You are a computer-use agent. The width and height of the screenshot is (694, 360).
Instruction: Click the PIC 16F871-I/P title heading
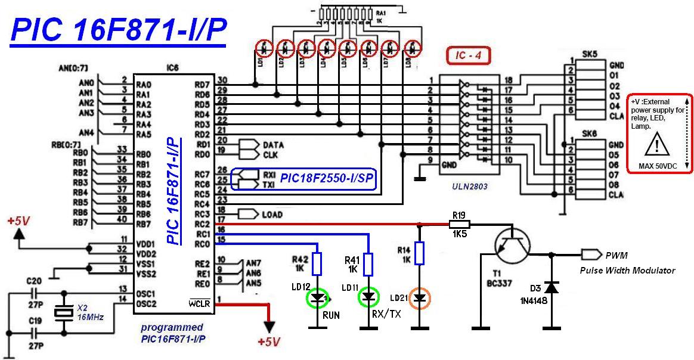(x=119, y=31)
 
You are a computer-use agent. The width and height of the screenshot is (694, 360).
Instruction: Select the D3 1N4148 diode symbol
(x=551, y=288)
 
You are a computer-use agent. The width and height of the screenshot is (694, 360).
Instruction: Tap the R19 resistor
(x=459, y=225)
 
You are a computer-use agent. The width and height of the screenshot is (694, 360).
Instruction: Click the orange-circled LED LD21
(x=420, y=297)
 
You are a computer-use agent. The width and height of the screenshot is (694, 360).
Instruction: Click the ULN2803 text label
(x=470, y=187)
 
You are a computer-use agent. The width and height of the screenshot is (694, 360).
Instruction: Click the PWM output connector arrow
(x=591, y=255)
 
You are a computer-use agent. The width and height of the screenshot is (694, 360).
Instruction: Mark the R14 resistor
(x=420, y=253)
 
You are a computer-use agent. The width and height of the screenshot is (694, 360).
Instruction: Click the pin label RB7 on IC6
(x=143, y=225)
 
